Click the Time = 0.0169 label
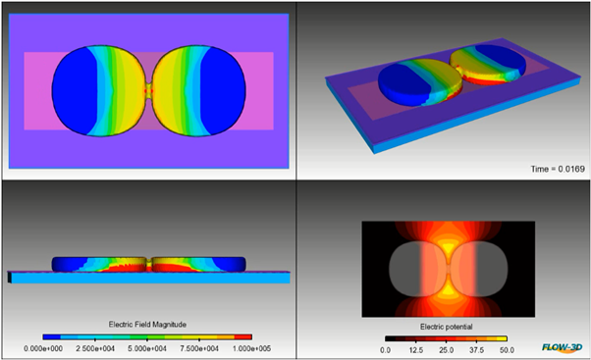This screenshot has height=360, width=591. pyautogui.click(x=558, y=169)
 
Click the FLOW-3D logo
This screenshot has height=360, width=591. pyautogui.click(x=562, y=347)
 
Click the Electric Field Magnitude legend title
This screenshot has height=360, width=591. pyautogui.click(x=147, y=325)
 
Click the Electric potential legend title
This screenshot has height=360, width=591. pyautogui.click(x=447, y=327)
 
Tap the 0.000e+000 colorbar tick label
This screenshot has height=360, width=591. pyautogui.click(x=43, y=348)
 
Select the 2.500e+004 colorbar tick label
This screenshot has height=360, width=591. pyautogui.click(x=95, y=348)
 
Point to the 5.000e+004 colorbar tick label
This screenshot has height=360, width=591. pyautogui.click(x=147, y=348)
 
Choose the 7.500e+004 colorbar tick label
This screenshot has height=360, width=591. pyautogui.click(x=199, y=348)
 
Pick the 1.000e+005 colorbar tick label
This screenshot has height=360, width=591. pyautogui.click(x=251, y=348)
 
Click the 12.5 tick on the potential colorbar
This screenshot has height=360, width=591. pyautogui.click(x=415, y=350)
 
